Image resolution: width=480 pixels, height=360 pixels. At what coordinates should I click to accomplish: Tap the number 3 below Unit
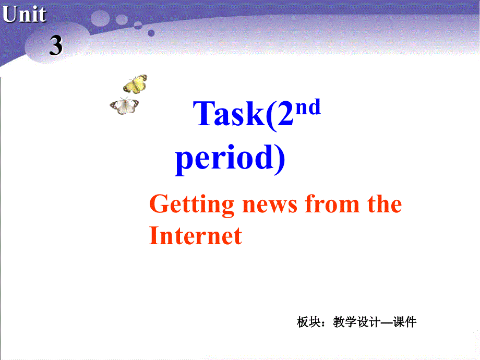[x=56, y=46]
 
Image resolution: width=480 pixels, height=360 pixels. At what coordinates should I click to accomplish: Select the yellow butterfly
[x=135, y=84]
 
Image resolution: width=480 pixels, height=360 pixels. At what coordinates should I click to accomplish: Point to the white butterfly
[x=124, y=105]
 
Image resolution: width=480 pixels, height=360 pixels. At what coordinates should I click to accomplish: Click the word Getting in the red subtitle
[x=191, y=205]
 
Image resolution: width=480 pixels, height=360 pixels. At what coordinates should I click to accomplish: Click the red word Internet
[x=196, y=235]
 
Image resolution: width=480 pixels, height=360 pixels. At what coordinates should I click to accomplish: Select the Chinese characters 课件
[x=405, y=322]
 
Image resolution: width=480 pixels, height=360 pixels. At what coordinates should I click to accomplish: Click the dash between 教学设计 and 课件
[x=387, y=322]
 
